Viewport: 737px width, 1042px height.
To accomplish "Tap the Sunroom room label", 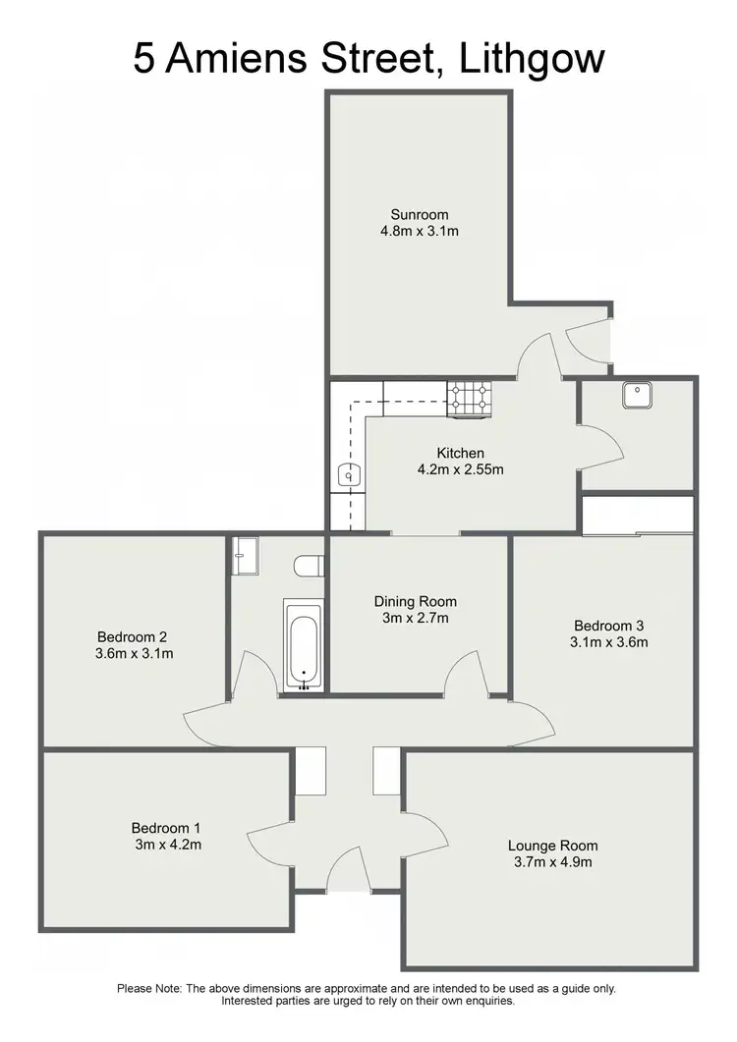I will point(420,215).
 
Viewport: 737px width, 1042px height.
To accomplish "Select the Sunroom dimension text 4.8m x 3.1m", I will point(420,233).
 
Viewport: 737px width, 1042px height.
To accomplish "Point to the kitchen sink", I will point(348,475).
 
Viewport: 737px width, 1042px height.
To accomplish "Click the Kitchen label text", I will point(461,453).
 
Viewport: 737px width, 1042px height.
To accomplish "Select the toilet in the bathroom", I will point(308,566).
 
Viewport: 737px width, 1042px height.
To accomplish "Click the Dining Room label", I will point(416,601).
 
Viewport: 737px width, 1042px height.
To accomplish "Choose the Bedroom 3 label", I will point(610,626).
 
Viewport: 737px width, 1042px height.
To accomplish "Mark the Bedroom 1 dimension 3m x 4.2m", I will point(169,844).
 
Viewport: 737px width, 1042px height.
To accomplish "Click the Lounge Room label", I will point(553,845).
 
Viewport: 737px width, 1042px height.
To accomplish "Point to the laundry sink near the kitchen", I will point(636,394).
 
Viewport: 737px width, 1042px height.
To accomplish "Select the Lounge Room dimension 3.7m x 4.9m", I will point(553,862).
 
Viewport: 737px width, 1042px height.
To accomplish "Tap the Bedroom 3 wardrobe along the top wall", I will point(638,516).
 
